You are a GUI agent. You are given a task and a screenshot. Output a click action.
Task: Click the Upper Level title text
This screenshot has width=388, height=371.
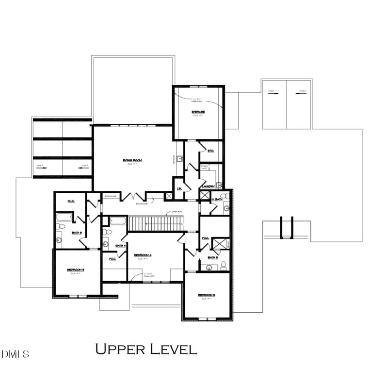click(145, 349)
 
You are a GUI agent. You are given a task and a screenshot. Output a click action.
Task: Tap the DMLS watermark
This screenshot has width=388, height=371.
click(15, 354)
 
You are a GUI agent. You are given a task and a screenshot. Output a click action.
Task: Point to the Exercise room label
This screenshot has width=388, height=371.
click(198, 112)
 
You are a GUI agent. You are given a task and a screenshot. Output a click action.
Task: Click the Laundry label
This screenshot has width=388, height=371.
click(208, 186)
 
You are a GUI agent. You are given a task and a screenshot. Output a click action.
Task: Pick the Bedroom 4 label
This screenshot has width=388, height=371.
click(143, 255)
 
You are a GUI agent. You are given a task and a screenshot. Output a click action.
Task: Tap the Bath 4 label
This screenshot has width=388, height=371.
click(121, 246)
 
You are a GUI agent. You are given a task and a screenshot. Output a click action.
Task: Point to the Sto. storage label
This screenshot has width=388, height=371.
click(210, 151)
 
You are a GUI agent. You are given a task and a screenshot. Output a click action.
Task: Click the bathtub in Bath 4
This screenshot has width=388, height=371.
click(117, 221)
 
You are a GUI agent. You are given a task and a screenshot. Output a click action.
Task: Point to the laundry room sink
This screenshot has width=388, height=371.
click(219, 185)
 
